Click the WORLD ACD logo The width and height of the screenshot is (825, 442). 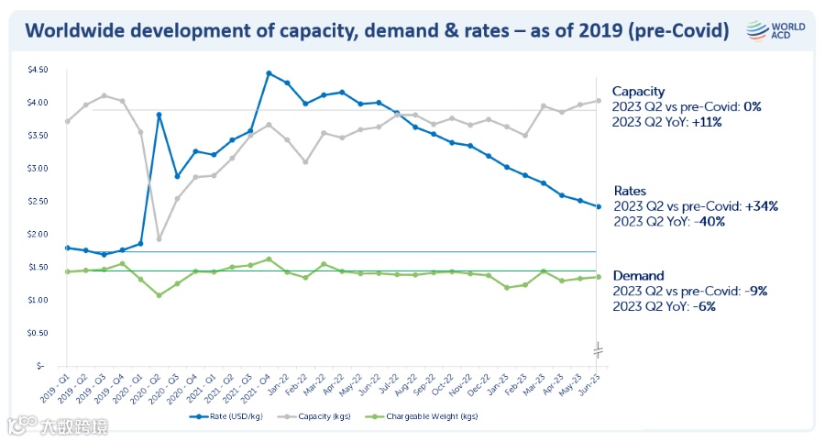point(776,29)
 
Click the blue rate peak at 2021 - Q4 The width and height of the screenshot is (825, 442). point(269,73)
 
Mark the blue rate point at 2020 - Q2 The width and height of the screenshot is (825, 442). point(159,115)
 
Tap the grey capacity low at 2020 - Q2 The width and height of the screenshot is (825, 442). point(159,239)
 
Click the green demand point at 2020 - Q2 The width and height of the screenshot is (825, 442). point(159,295)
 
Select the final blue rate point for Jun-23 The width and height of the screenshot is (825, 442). point(599,206)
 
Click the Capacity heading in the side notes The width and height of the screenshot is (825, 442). point(638,91)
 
